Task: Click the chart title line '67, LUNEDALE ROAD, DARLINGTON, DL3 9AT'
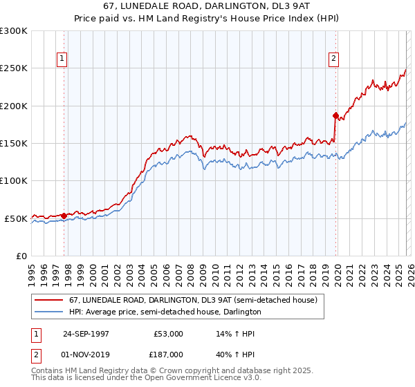click(x=207, y=6)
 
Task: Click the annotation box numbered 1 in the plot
click(x=62, y=59)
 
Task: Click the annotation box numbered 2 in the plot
click(x=333, y=59)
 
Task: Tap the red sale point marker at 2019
click(x=335, y=115)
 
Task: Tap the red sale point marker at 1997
click(x=64, y=216)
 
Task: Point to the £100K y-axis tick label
click(x=14, y=180)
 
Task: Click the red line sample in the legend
click(x=49, y=301)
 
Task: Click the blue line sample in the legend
click(x=49, y=312)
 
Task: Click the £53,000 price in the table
click(x=168, y=334)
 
